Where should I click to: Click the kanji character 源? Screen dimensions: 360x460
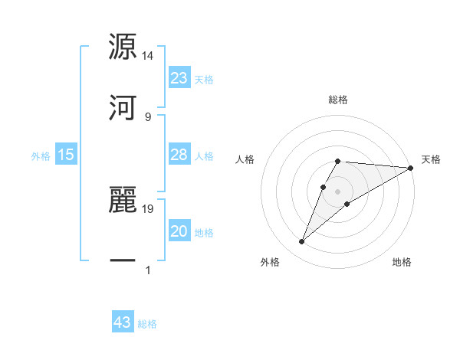tap(123, 47)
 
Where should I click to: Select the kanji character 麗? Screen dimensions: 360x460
tap(123, 201)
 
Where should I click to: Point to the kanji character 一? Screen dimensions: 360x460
tap(123, 261)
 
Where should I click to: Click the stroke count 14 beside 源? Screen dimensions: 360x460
tap(148, 56)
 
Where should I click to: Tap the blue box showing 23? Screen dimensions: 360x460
tap(179, 78)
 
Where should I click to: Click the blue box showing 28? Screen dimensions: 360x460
tap(179, 155)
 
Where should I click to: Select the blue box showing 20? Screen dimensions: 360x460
tap(179, 231)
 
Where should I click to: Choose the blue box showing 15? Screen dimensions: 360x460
tap(66, 155)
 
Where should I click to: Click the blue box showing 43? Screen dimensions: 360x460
tap(123, 322)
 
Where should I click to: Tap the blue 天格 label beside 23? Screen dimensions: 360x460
tap(204, 79)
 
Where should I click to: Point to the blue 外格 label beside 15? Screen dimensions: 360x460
tap(41, 155)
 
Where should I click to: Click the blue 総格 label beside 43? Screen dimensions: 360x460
tap(147, 323)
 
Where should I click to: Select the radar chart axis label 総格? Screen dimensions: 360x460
tap(338, 100)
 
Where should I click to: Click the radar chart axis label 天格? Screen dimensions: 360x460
tap(431, 159)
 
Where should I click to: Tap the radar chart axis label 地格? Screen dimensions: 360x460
tap(402, 263)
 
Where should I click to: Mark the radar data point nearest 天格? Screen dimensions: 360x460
tap(411, 168)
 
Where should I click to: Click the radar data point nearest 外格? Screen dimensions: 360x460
tap(302, 242)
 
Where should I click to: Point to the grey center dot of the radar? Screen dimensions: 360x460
tap(337, 190)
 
